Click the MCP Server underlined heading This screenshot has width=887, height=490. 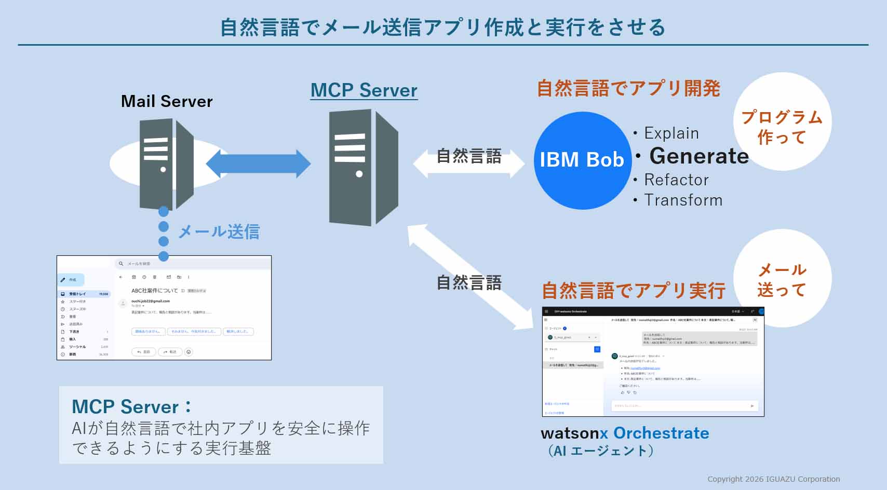point(364,90)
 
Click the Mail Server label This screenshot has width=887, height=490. point(167,101)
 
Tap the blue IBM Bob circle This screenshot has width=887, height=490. point(582,160)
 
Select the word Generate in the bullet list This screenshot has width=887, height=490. point(698,156)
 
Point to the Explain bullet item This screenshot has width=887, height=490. point(671,133)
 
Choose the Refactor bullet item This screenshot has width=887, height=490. point(676,180)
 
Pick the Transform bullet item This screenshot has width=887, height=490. point(683,200)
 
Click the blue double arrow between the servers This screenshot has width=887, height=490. point(258,164)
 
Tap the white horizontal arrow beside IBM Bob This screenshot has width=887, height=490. point(468,164)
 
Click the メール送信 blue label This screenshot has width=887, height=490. point(219,232)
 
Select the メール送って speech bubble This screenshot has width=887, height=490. point(782,279)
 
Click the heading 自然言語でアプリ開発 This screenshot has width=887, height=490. point(628,88)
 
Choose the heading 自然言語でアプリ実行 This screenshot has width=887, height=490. point(633,291)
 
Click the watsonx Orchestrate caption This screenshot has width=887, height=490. point(625,433)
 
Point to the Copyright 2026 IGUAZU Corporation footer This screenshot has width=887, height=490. point(773,479)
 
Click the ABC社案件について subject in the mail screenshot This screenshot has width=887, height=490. point(154,291)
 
